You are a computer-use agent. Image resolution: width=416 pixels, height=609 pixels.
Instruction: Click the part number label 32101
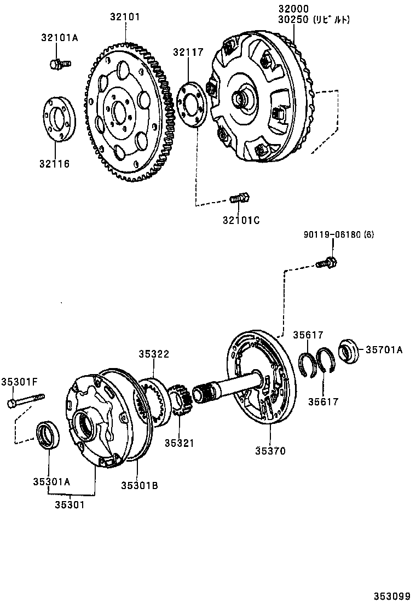coord(125,17)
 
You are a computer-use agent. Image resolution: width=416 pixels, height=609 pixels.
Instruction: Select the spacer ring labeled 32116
coord(59,120)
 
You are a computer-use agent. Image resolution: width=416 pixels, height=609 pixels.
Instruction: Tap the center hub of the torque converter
coord(241,99)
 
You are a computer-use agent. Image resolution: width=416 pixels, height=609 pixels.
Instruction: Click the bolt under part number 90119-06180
coord(328,262)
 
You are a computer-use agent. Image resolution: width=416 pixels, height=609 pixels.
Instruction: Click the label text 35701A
coord(384,349)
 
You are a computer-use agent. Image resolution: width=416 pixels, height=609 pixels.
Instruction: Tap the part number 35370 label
coord(270,451)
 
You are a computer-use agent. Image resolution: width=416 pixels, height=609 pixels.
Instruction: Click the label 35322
coord(153,354)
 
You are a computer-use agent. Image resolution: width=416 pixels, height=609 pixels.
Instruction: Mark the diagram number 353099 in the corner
coord(392,596)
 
